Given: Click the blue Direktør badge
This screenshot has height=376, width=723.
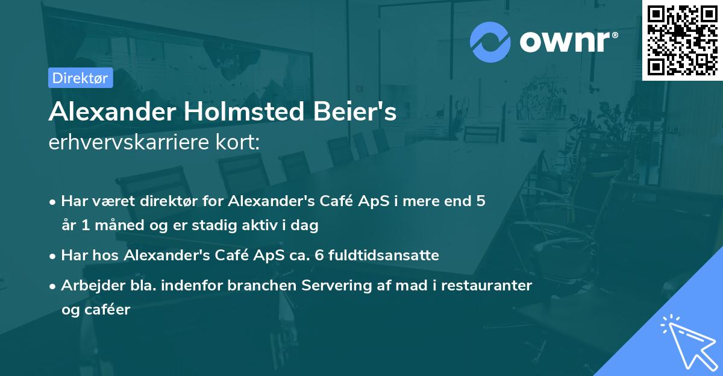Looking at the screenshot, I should click(80, 78).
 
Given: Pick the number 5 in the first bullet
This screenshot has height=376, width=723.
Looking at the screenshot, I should click(480, 201).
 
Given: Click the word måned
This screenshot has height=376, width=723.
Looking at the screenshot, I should click(109, 226).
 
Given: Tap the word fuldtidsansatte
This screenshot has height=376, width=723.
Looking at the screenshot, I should click(392, 255).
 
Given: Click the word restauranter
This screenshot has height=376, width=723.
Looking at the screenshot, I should click(486, 286).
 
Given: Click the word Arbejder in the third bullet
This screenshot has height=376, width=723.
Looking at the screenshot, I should click(89, 286).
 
